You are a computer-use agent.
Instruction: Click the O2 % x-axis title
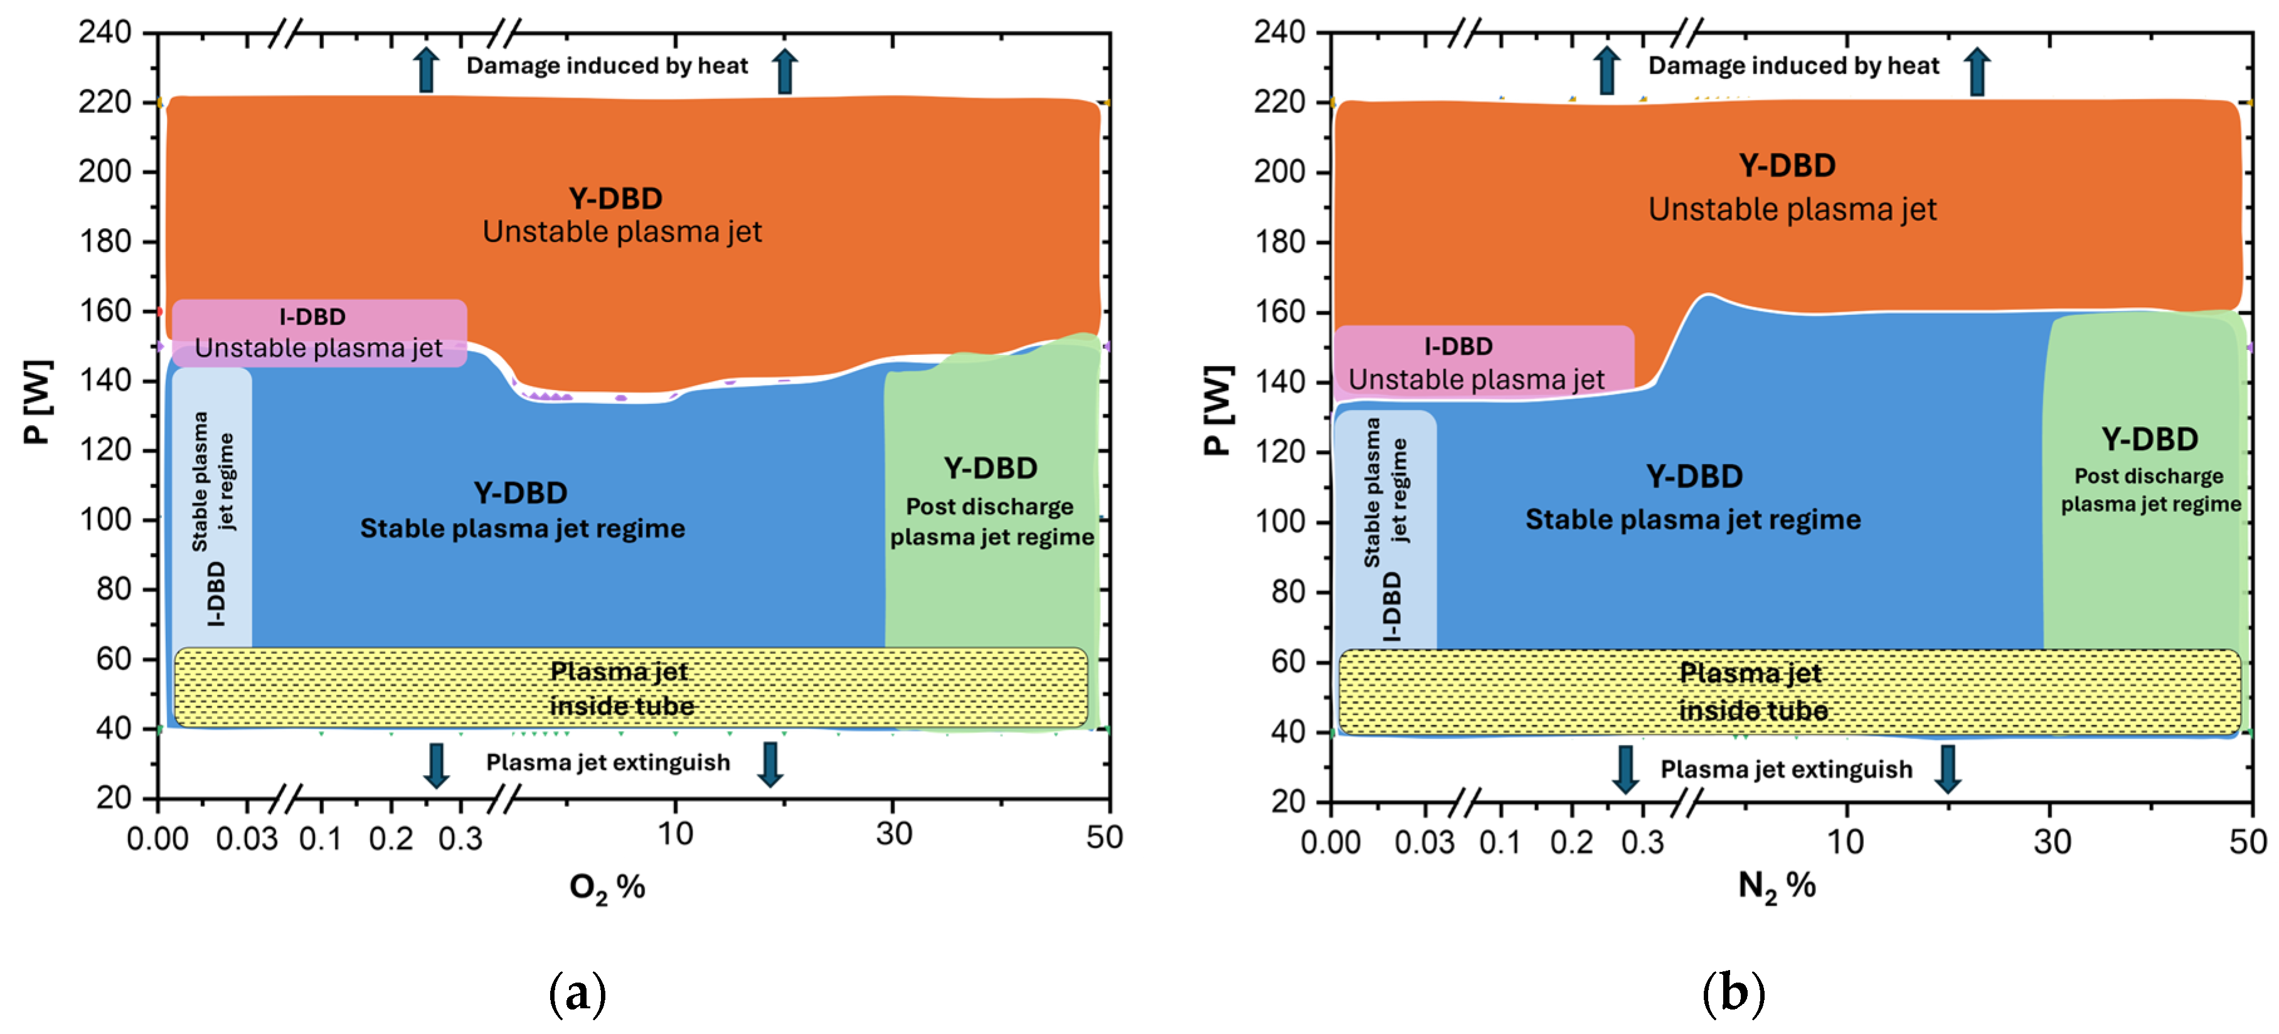(607, 887)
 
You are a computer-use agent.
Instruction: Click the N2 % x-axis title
(1777, 886)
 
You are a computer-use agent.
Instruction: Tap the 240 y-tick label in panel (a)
(104, 32)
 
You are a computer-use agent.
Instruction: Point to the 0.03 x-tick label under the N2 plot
(1423, 842)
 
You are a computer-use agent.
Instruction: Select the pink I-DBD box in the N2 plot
(1483, 362)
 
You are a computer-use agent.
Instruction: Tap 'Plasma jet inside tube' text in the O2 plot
(620, 688)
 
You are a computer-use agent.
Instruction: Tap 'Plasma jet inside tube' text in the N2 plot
(1751, 692)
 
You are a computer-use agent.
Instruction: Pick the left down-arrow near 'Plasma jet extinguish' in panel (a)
(436, 765)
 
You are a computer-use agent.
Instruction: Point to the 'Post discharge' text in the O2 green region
(989, 507)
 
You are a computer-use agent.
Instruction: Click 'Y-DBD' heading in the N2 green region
(2149, 439)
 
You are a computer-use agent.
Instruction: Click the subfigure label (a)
(578, 993)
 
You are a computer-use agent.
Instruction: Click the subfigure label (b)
(1733, 993)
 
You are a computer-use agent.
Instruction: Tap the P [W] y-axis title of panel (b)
(1218, 409)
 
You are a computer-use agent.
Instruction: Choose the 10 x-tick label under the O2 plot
(675, 833)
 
